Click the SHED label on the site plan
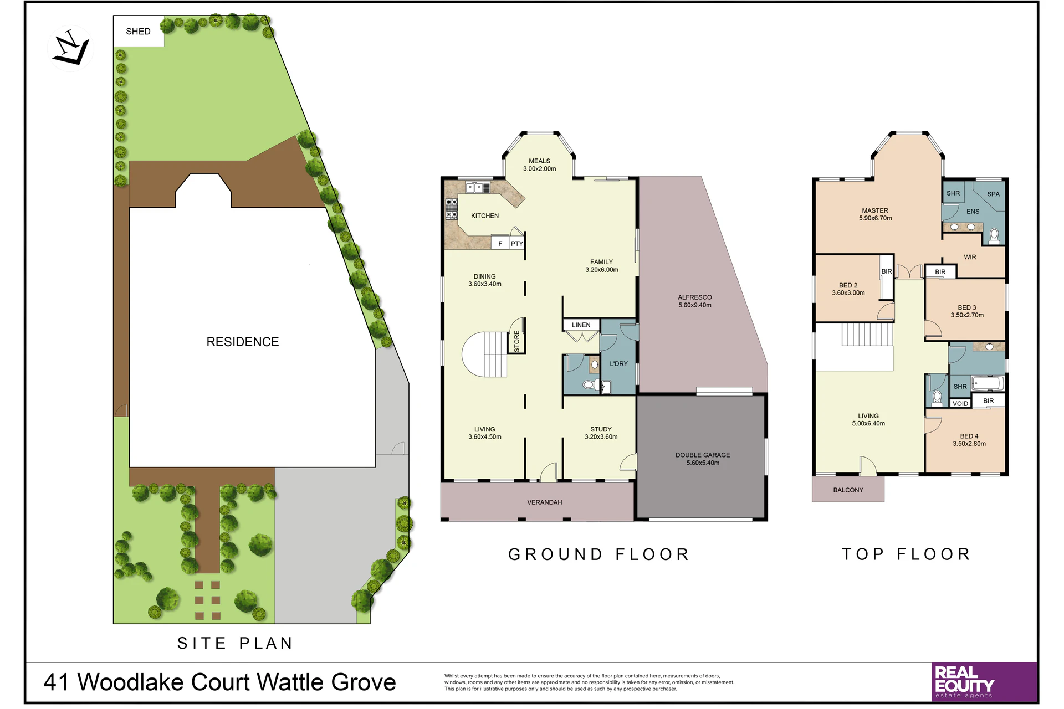coord(138,32)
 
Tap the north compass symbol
coord(71,48)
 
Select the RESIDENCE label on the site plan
coord(243,342)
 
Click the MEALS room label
coord(539,161)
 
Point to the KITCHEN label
coord(485,216)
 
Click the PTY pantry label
coord(517,244)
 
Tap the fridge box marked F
coord(500,243)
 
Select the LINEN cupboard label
coord(581,325)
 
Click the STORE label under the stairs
coord(517,342)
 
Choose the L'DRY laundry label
coord(619,364)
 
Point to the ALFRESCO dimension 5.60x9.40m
coord(695,305)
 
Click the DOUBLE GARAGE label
coord(703,455)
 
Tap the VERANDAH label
coord(545,502)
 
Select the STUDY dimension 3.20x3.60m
coord(601,437)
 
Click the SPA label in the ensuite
coord(994,194)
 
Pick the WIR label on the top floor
coord(970,257)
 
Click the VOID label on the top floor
coord(960,404)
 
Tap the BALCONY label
coord(848,490)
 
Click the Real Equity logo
coord(984,682)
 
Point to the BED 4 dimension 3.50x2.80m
coord(969,444)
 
